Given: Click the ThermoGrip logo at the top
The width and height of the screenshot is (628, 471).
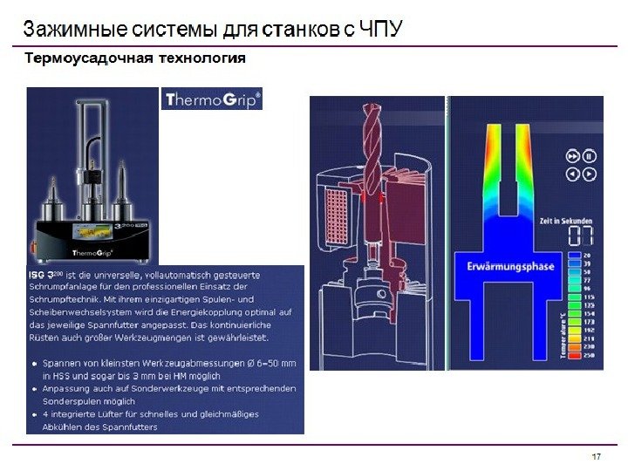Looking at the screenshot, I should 212,99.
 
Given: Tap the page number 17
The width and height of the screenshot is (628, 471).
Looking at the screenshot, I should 597,458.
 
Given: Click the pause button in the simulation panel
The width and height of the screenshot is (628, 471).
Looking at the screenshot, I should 590,156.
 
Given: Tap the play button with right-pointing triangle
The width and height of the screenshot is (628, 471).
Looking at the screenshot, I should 572,156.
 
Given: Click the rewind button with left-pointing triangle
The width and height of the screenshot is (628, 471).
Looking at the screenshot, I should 572,174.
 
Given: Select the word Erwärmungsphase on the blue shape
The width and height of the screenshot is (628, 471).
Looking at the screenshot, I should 510,267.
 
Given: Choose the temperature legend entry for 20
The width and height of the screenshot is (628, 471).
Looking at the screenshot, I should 586,256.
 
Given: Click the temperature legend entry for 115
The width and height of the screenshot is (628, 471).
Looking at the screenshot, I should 586,298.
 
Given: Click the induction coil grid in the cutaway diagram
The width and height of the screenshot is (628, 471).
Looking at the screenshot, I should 335,215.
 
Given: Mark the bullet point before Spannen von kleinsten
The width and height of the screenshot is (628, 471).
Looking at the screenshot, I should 32,361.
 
